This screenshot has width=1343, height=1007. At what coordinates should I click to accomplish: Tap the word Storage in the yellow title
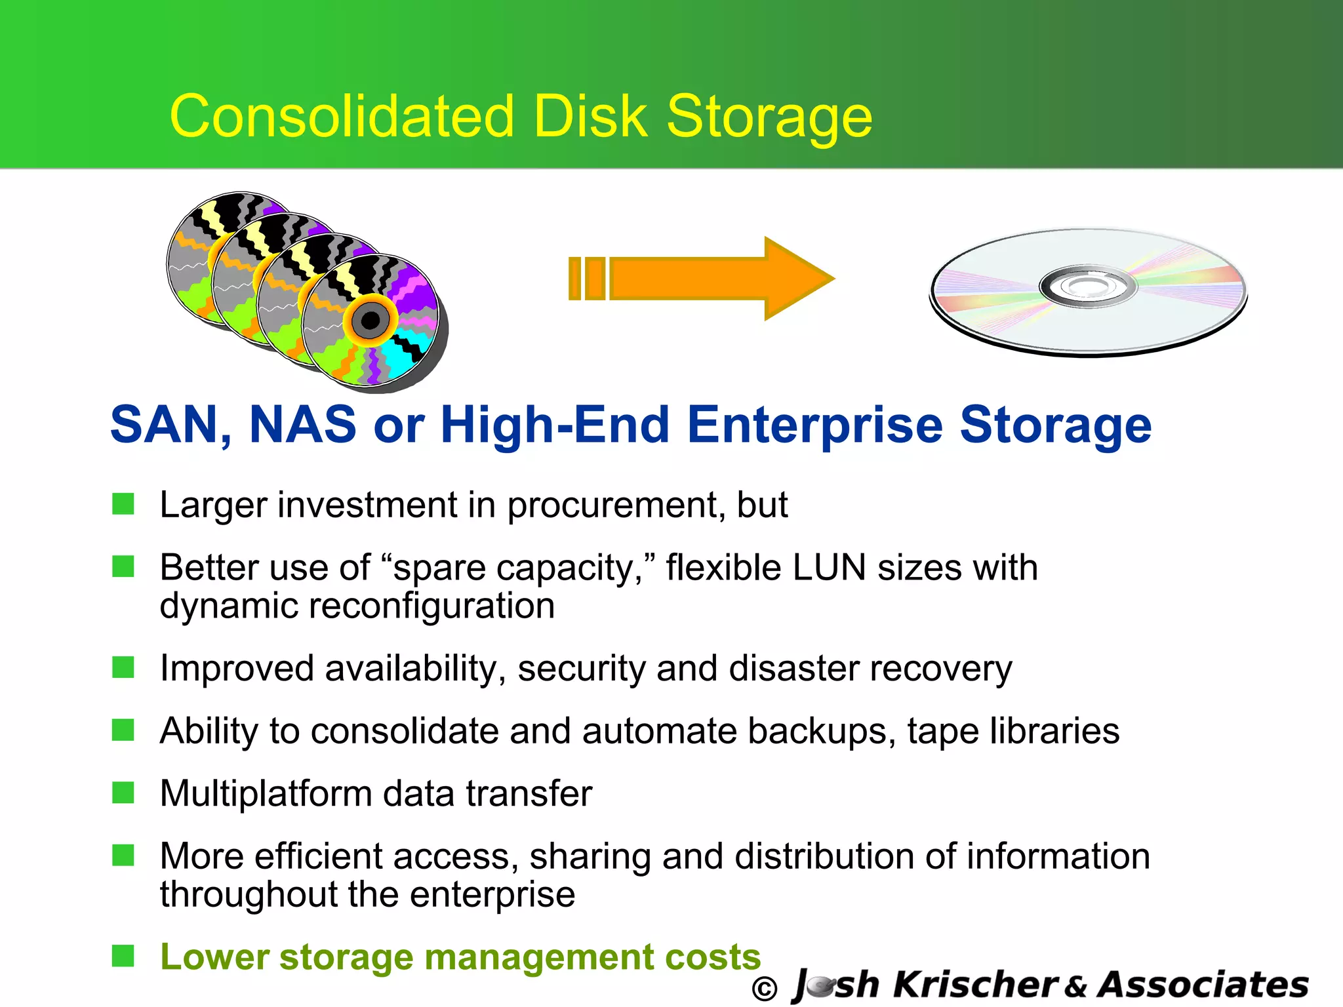point(769,118)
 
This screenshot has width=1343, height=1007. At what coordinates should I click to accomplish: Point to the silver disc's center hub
point(1087,286)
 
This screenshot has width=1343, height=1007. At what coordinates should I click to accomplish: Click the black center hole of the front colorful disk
point(371,321)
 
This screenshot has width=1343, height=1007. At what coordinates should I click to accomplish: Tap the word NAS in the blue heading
point(302,425)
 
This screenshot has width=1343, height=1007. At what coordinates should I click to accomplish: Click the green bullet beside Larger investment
point(123,504)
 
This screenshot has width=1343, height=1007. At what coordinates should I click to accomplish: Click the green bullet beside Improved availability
point(123,667)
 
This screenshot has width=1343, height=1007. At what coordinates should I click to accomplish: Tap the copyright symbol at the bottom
point(765,989)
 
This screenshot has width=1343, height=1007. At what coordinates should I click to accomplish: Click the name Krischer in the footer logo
point(976,985)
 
